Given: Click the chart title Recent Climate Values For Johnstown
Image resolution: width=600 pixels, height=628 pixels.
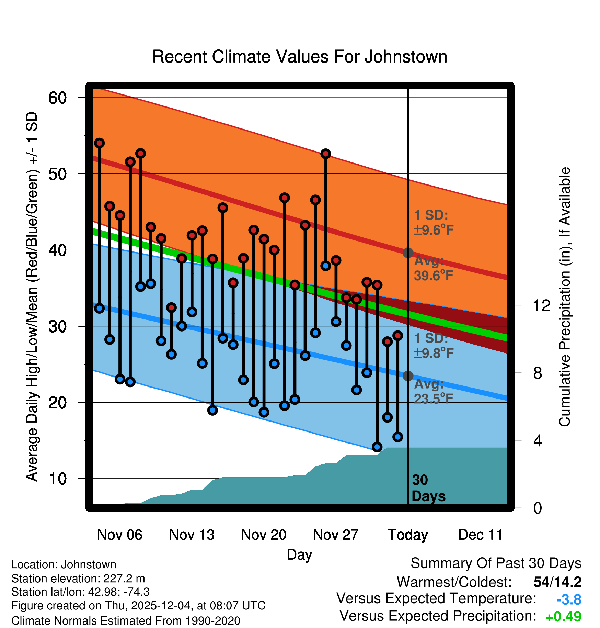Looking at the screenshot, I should (300, 57).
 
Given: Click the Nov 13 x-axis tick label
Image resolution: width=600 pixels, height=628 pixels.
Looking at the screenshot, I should (192, 535).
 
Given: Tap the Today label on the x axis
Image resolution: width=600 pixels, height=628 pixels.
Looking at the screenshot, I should (408, 535).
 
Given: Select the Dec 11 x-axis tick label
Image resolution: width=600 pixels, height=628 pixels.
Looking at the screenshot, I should (480, 535).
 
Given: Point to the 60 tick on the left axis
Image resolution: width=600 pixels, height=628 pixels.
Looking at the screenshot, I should (57, 98).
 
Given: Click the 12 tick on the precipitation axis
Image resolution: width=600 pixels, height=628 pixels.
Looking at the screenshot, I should (542, 305).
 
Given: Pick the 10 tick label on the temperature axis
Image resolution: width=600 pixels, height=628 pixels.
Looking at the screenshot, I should (57, 479).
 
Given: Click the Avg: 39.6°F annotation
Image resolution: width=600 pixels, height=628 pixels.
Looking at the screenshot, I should (433, 268).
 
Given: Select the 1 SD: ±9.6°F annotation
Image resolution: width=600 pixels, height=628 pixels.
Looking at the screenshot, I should (433, 222).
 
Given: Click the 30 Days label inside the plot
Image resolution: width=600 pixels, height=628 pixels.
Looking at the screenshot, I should (428, 488).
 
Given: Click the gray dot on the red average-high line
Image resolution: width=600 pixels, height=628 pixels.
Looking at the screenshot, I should (408, 253).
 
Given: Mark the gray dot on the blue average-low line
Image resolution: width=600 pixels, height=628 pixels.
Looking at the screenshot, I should (408, 376).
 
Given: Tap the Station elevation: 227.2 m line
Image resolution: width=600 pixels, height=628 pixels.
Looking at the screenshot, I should (78, 579).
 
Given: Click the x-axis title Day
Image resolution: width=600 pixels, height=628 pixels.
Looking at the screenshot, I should (299, 554).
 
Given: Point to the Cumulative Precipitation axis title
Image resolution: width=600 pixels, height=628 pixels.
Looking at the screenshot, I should (564, 297).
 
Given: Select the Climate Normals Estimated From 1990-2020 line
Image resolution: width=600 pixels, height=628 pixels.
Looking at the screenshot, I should (126, 621).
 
